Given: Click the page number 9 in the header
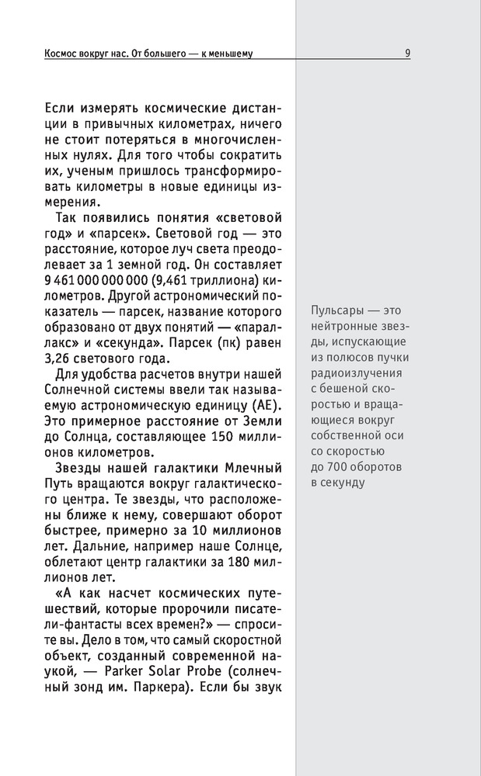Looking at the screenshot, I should (x=408, y=54).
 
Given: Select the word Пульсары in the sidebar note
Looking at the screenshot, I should (x=336, y=307).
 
